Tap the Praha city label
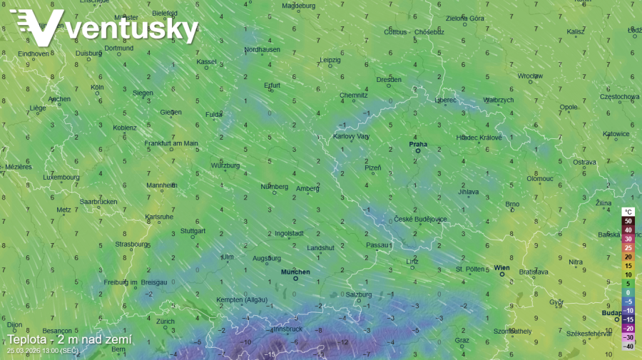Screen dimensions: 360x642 pos(418,144)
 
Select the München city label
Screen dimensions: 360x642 pos(295,272)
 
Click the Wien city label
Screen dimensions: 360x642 pos(502,267)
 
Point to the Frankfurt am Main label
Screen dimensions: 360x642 pos(171,143)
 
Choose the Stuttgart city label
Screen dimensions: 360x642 pos(193,231)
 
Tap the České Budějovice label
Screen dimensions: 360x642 pos(421,219)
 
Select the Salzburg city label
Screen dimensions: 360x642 pos(359,294)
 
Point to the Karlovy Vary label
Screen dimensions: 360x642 pos(351,136)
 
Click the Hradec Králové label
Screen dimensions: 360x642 pos(479,137)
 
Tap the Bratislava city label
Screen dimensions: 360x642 pos(534,272)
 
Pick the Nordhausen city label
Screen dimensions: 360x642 pos(262,49)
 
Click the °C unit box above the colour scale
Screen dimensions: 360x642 pos(628,212)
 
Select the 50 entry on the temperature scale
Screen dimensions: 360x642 pos(628,221)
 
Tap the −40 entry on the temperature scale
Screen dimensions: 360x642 pos(628,346)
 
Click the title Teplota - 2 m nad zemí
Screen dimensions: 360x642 pos(69,340)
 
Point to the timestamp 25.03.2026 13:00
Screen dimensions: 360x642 pos(43,351)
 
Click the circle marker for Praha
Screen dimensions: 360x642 pos(418,150)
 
